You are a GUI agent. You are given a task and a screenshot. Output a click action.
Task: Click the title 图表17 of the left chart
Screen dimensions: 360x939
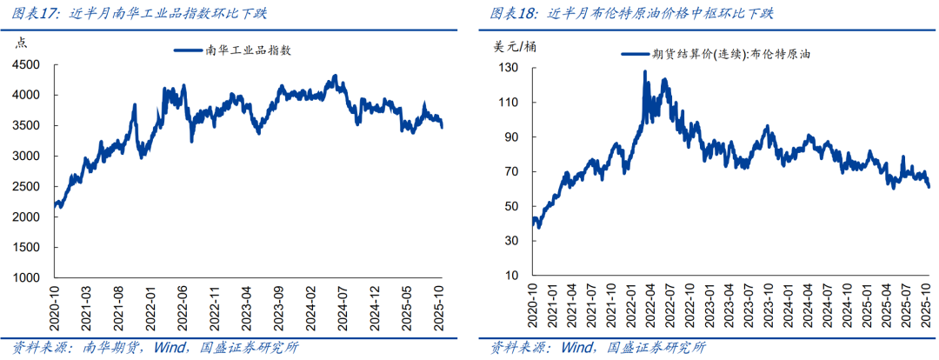pyautogui.click(x=36, y=13)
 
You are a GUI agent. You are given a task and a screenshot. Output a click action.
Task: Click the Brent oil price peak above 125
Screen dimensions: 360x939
pyautogui.click(x=645, y=72)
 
